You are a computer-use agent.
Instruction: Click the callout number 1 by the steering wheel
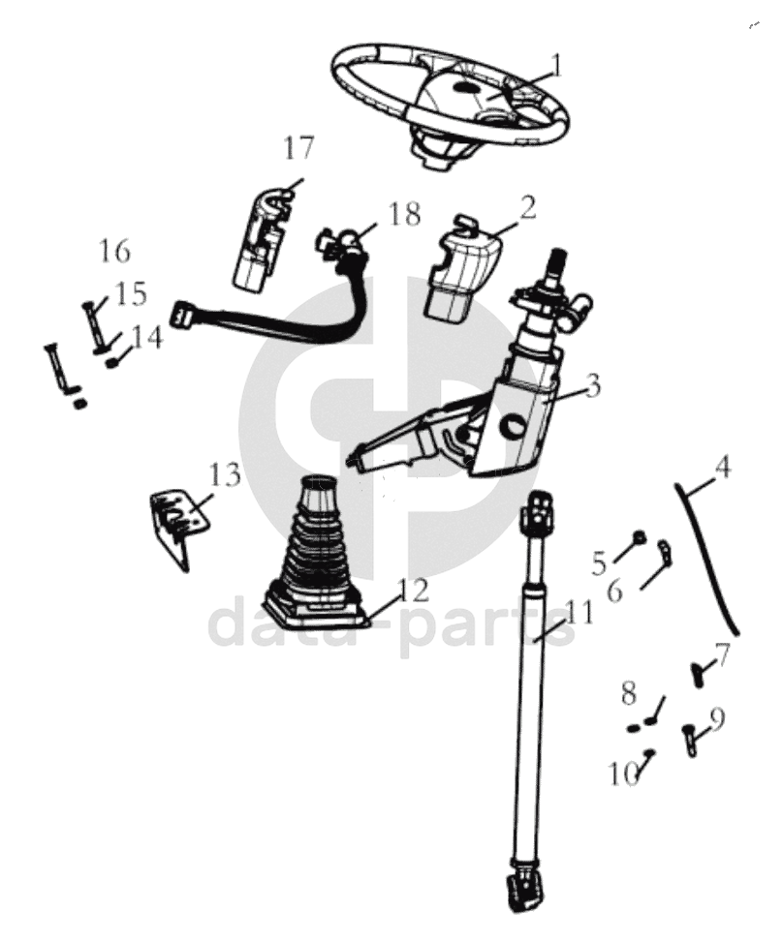click(556, 65)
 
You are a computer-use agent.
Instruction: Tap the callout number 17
click(299, 149)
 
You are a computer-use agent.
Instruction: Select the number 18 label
click(404, 215)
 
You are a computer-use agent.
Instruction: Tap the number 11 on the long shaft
click(578, 612)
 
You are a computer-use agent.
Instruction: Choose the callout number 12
click(412, 589)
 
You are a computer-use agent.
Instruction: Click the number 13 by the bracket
click(223, 474)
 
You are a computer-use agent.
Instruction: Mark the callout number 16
click(114, 252)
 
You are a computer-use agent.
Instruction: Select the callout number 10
click(623, 773)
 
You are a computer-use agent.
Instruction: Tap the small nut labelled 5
click(639, 537)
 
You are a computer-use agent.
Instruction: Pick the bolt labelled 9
click(691, 740)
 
